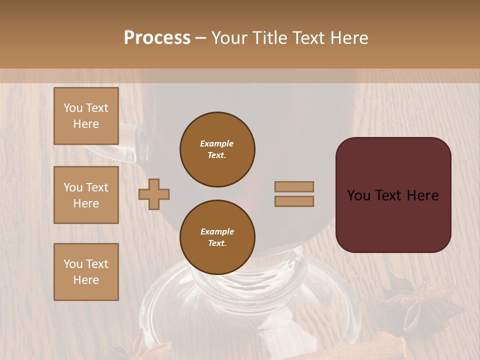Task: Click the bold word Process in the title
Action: click(157, 37)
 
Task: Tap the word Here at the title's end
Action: click(349, 37)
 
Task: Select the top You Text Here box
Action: click(86, 116)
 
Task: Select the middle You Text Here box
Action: click(86, 195)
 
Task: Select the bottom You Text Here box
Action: click(86, 272)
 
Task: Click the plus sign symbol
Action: click(154, 194)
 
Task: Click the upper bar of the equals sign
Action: click(294, 186)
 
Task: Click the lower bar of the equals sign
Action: click(294, 201)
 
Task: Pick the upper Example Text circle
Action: click(217, 149)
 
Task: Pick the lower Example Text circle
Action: click(217, 237)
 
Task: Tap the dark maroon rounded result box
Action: click(393, 220)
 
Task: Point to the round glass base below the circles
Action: click(250, 305)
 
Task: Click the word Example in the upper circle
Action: click(217, 143)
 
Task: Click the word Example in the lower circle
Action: click(217, 231)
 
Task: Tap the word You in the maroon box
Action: click(358, 195)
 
